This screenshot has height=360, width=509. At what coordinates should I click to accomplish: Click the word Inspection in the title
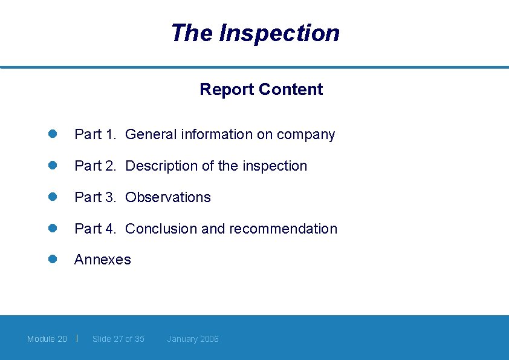(279, 33)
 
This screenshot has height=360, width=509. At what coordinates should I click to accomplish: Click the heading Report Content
(261, 90)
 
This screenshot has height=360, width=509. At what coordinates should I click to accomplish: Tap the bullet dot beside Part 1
(53, 134)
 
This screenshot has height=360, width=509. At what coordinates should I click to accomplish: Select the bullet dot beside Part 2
(53, 166)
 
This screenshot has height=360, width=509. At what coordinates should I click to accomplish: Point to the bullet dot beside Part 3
(53, 197)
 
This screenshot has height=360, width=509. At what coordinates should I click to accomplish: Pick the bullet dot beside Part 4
(53, 228)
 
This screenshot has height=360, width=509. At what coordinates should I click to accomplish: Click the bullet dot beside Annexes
(53, 259)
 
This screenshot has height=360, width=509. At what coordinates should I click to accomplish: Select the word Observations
(168, 197)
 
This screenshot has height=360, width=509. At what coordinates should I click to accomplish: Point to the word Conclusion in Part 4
(161, 229)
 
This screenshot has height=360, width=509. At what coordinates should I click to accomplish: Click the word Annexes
(102, 260)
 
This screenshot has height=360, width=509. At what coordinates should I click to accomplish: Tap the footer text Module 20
(47, 339)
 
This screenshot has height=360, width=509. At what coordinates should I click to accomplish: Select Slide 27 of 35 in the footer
(118, 339)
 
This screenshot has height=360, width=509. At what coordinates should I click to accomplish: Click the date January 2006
(193, 339)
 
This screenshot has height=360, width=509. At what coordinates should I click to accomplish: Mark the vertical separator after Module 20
(77, 338)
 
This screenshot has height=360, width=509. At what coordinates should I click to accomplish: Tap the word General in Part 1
(151, 134)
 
